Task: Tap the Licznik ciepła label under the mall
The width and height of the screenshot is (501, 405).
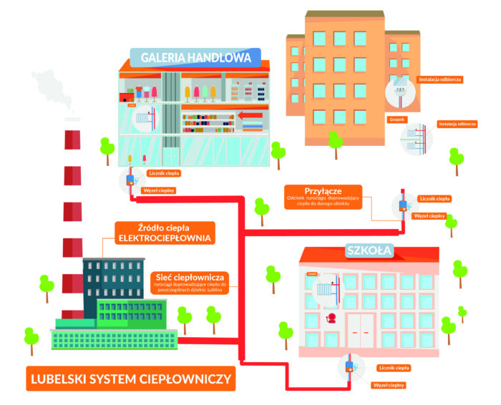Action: (x=165, y=172)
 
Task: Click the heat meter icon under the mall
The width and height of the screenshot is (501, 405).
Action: (x=130, y=180)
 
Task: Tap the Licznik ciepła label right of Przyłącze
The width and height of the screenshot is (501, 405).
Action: (x=434, y=198)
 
